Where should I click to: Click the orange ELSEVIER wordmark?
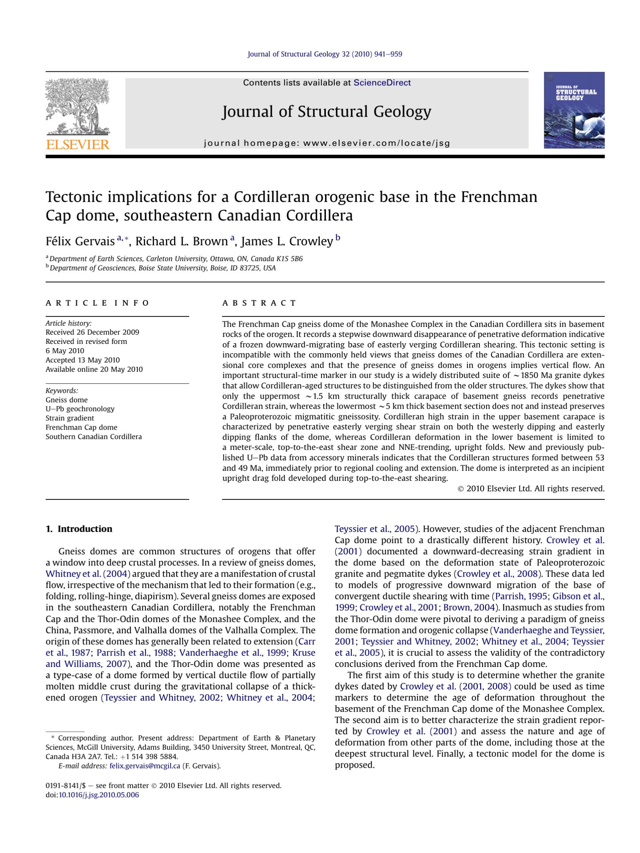tap(78, 145)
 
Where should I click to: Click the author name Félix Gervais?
tap(80, 241)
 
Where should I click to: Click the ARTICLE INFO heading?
tap(97, 303)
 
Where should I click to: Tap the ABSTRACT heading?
tap(259, 303)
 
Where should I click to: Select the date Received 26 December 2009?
tap(92, 332)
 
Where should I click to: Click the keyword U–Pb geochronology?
tap(80, 409)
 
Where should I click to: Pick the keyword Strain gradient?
tap(70, 418)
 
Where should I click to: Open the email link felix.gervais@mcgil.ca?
tap(145, 766)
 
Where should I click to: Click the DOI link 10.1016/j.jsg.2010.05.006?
tap(99, 795)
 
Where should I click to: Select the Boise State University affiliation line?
tap(163, 268)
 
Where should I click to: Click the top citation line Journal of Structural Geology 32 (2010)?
tap(325, 54)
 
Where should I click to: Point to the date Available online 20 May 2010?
tap(94, 369)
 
